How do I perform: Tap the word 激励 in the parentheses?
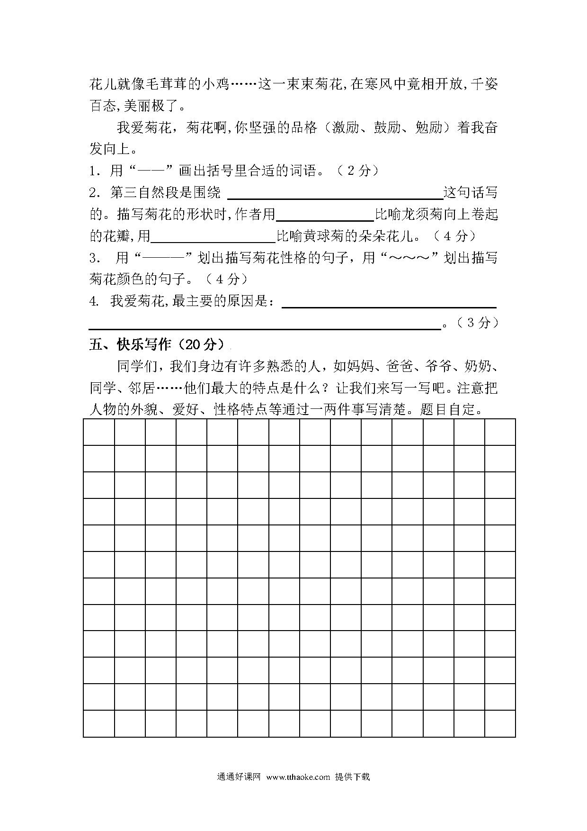point(346,128)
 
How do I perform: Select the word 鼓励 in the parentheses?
point(387,128)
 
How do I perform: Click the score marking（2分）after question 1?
point(358,171)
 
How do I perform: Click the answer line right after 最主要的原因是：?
point(389,303)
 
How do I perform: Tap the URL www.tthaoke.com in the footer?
point(298,777)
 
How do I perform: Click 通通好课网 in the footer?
point(239,777)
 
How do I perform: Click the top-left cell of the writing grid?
point(99,432)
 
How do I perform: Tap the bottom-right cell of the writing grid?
point(500,723)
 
